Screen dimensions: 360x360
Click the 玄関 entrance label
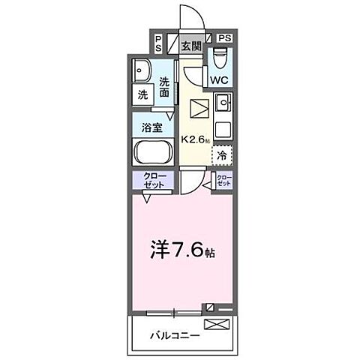(191, 46)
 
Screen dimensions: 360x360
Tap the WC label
(219, 79)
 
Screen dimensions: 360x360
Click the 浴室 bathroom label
(153, 127)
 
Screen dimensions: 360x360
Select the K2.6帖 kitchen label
(196, 139)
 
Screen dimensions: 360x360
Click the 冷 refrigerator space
(222, 155)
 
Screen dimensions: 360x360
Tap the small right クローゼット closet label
(223, 181)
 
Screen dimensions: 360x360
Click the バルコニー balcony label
(173, 335)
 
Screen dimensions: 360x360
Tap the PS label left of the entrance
(158, 43)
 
